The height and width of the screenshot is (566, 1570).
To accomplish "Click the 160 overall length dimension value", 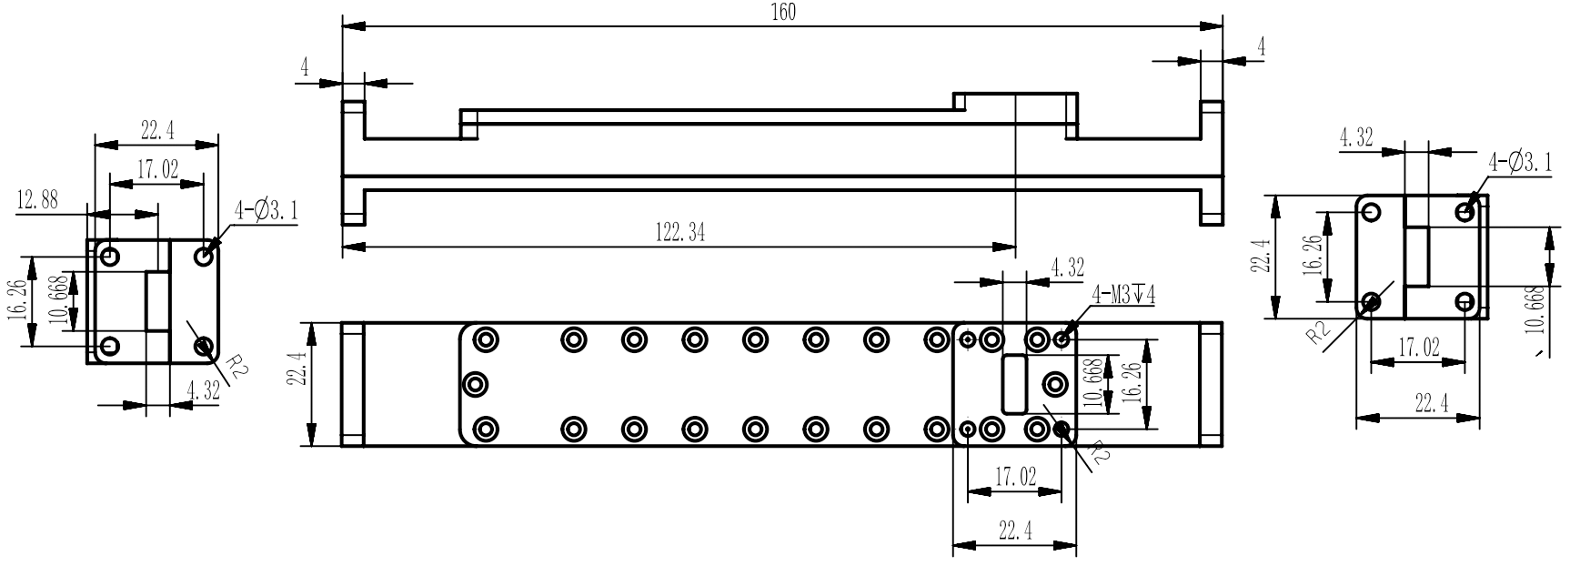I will click(x=782, y=12).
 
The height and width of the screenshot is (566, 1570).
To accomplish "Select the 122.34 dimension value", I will click(x=679, y=233).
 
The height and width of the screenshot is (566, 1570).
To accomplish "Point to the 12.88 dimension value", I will click(x=38, y=200).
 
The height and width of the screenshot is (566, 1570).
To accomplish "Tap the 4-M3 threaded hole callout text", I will click(x=1123, y=295).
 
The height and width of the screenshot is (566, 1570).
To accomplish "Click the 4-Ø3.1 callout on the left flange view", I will click(x=267, y=211).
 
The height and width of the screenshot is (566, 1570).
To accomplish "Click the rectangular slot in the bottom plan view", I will click(x=1013, y=384).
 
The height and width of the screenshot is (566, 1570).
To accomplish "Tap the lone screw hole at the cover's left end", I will click(x=475, y=384).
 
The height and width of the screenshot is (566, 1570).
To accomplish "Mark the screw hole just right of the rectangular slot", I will click(x=1055, y=384).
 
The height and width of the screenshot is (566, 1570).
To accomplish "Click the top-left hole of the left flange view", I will click(x=110, y=256).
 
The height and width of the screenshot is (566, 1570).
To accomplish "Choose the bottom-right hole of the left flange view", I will click(x=204, y=346).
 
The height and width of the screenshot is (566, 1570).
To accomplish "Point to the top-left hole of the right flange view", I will click(x=1371, y=212).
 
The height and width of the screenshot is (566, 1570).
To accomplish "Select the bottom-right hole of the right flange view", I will click(x=1464, y=302).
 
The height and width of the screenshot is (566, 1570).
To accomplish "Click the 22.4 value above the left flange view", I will click(x=157, y=130).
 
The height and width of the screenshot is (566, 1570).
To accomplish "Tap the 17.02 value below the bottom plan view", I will click(x=1015, y=478).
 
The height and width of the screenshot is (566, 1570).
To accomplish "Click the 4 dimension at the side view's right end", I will click(x=1262, y=46).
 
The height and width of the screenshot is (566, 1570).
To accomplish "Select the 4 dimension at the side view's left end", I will click(x=305, y=67).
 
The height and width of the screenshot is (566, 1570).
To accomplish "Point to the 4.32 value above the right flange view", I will click(x=1355, y=137).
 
